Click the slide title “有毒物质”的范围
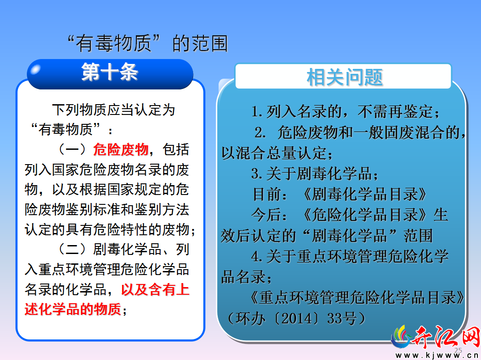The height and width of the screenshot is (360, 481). (x=148, y=43)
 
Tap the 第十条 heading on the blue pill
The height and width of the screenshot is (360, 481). (x=110, y=72)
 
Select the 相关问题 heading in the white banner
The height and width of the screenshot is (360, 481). (x=345, y=77)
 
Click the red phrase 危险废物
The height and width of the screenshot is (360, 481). (x=121, y=150)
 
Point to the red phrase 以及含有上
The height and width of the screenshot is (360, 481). (x=155, y=289)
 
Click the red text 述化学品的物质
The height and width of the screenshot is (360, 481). (x=73, y=309)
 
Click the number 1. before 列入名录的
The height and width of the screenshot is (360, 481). (x=257, y=111)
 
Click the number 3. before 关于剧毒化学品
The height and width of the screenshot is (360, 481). (x=257, y=174)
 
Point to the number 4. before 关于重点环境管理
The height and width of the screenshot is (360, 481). (x=257, y=257)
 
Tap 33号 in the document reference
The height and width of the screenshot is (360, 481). (x=342, y=318)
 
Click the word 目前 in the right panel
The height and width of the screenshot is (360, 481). (x=266, y=194)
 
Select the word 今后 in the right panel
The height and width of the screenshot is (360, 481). (x=266, y=215)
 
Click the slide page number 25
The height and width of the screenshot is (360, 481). (x=458, y=351)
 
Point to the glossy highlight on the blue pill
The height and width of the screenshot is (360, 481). (x=36, y=69)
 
